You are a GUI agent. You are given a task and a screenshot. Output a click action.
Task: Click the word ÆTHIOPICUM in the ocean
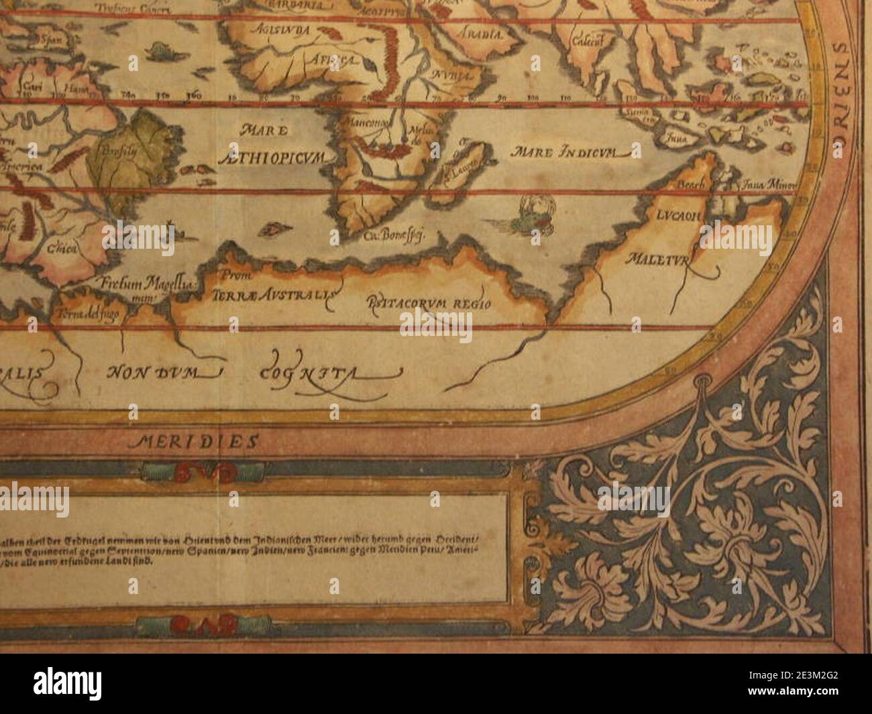pyautogui.click(x=271, y=158)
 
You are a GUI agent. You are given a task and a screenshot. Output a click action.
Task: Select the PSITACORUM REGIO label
pyautogui.click(x=429, y=303)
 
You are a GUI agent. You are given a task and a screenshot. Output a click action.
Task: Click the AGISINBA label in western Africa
pyautogui.click(x=275, y=30)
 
